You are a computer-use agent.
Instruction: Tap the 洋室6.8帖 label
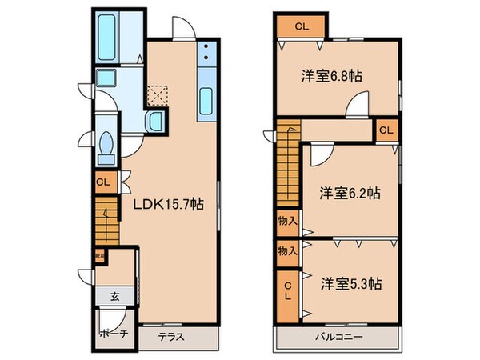[331, 77]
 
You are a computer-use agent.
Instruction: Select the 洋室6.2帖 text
[350, 193]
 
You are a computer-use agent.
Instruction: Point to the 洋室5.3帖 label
[351, 283]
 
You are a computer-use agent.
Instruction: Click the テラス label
[170, 337]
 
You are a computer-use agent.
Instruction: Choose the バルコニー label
[337, 337]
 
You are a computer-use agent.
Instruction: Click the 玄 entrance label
[114, 296]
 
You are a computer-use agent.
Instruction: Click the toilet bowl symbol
[106, 146]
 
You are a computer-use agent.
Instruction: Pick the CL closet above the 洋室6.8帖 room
[301, 26]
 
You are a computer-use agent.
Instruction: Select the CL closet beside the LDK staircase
[103, 182]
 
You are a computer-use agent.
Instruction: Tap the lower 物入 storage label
[287, 250]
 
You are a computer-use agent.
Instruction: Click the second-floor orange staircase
[287, 168]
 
